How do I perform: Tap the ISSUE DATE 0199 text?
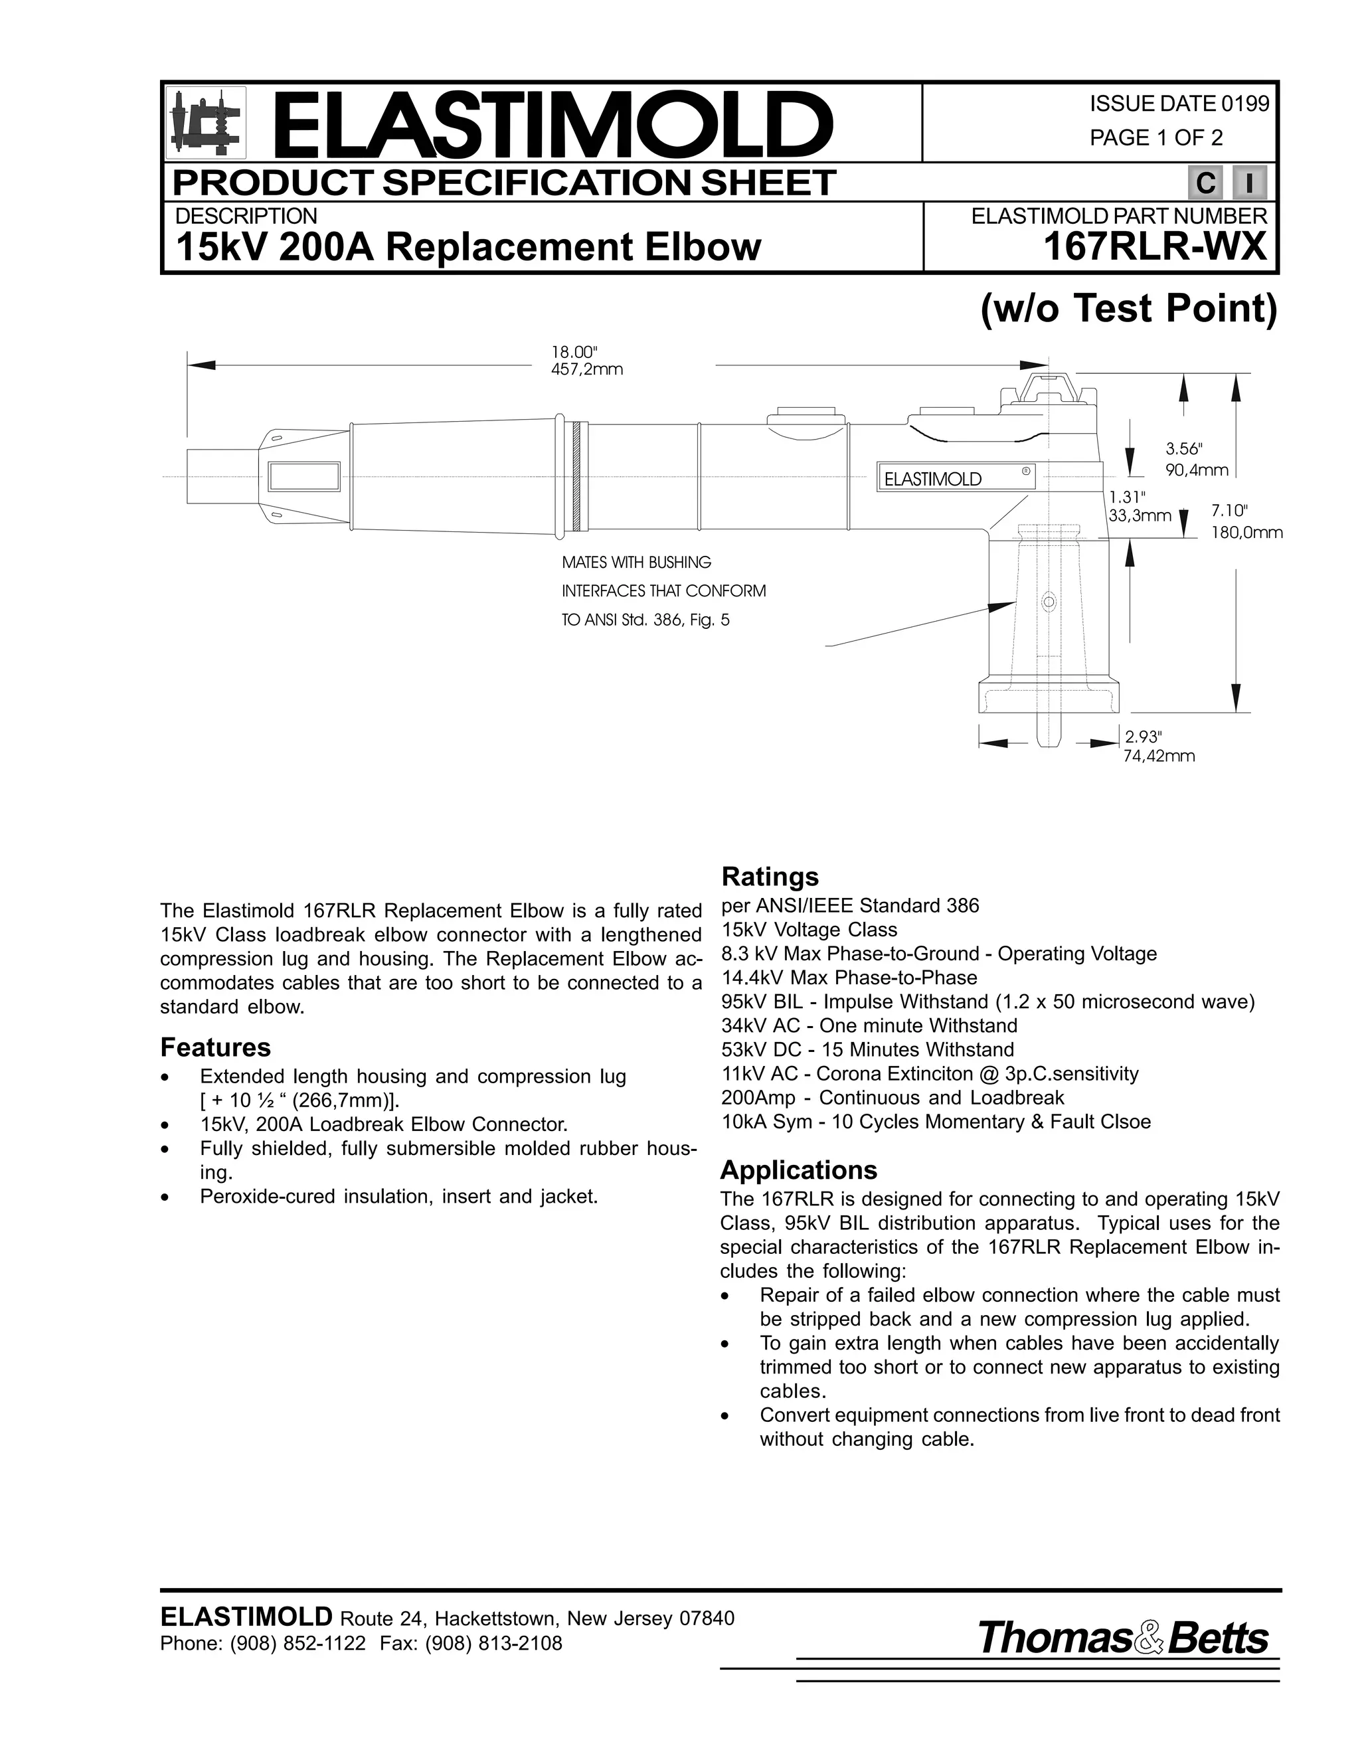(x=1179, y=104)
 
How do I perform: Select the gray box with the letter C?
(x=1205, y=184)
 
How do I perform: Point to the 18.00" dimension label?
(x=574, y=352)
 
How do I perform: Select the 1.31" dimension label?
(x=1126, y=495)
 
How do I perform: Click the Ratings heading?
(x=770, y=877)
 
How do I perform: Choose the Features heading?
(x=215, y=1047)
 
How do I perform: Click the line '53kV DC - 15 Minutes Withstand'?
(x=868, y=1050)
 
